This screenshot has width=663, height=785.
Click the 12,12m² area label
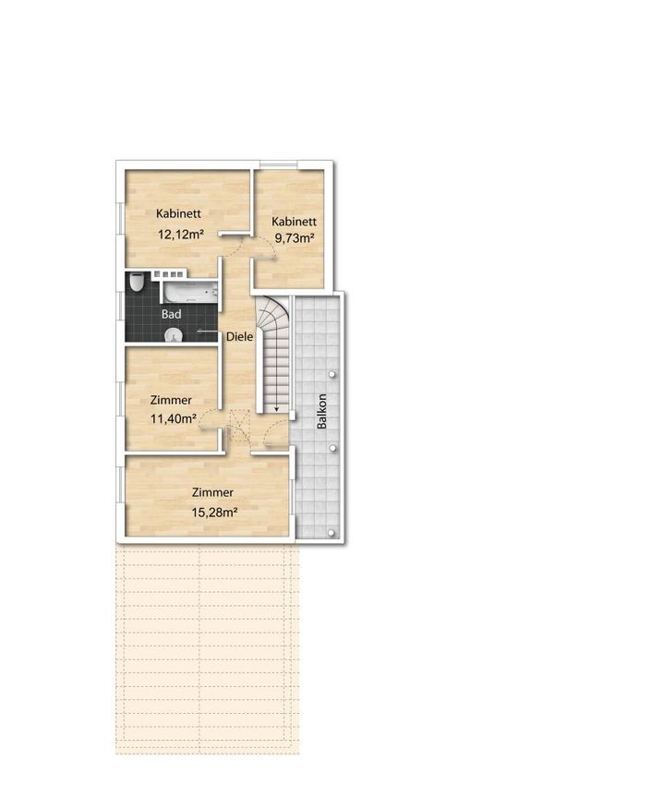pos(180,234)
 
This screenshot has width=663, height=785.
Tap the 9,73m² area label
pos(295,238)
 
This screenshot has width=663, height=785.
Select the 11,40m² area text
pos(174,418)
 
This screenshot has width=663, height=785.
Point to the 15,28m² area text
pos(214,513)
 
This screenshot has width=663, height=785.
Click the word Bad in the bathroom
pos(171,314)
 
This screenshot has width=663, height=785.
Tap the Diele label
pos(239,336)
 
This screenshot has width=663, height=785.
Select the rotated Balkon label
pos(321,411)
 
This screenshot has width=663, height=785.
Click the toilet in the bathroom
pos(137,282)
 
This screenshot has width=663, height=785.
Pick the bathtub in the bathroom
pos(189,292)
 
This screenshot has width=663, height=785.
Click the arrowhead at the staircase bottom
pos(276,408)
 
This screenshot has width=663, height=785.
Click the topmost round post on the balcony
pos(332,374)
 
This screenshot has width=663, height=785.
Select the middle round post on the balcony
pos(332,448)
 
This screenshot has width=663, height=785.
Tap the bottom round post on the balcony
pos(331,533)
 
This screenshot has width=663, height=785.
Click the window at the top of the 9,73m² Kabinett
pos(279,164)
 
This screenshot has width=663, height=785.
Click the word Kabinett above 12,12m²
pos(179,213)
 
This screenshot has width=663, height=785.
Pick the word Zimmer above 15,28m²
pos(212,492)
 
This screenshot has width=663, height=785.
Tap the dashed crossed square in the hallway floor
pos(239,427)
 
